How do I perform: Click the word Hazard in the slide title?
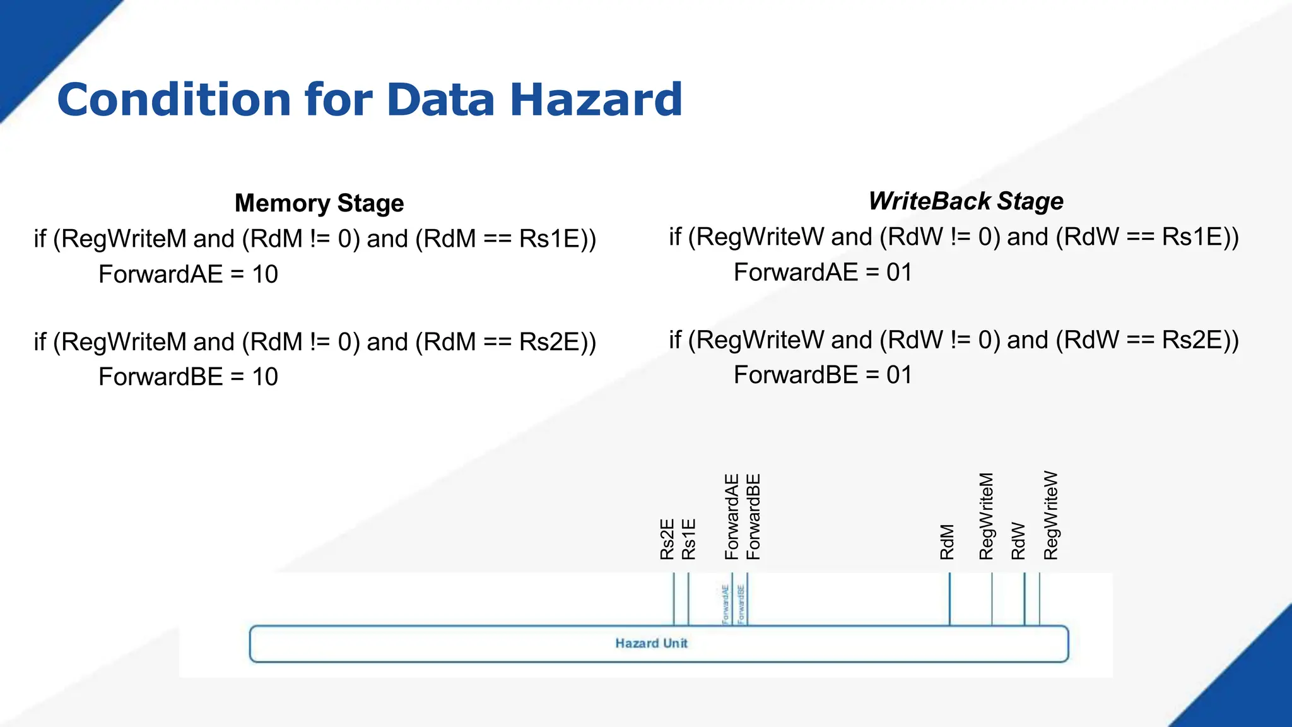coord(596,100)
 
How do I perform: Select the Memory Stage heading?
coord(319,203)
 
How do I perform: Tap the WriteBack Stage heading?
coord(965,201)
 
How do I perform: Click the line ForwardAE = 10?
coord(188,275)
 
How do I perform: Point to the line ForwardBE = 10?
coord(188,377)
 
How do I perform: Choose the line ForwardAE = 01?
coord(823,273)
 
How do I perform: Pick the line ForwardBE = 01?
coord(823,375)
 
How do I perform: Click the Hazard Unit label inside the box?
coord(651,643)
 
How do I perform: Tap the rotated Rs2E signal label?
coord(667,539)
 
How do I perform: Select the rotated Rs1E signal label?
coord(688,539)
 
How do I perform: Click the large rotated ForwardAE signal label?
coord(731,517)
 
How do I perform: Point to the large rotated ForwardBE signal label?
coord(753,517)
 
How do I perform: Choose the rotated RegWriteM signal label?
coord(986,516)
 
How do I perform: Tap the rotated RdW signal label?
coord(1018,541)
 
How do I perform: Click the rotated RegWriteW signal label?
coord(1050,516)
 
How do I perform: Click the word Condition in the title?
coord(174,100)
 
